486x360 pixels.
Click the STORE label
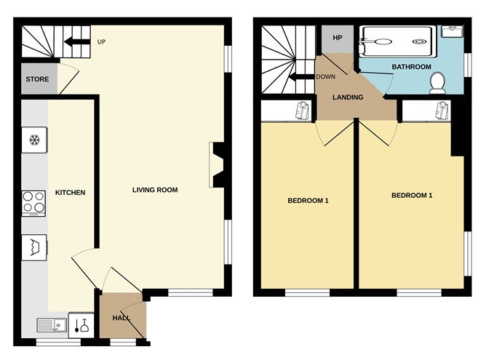click(x=36, y=79)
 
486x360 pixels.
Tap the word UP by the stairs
click(x=102, y=41)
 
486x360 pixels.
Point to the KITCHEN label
click(x=71, y=193)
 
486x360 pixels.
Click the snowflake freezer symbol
click(x=33, y=140)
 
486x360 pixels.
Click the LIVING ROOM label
click(x=155, y=191)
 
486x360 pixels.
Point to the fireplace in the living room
click(x=217, y=166)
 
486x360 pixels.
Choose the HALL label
click(x=121, y=319)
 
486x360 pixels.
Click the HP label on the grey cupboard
click(x=337, y=38)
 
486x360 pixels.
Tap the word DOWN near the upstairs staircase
click(x=326, y=76)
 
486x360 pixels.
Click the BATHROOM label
click(x=411, y=67)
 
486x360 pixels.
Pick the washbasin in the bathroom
click(x=453, y=31)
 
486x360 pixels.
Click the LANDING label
click(x=348, y=97)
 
